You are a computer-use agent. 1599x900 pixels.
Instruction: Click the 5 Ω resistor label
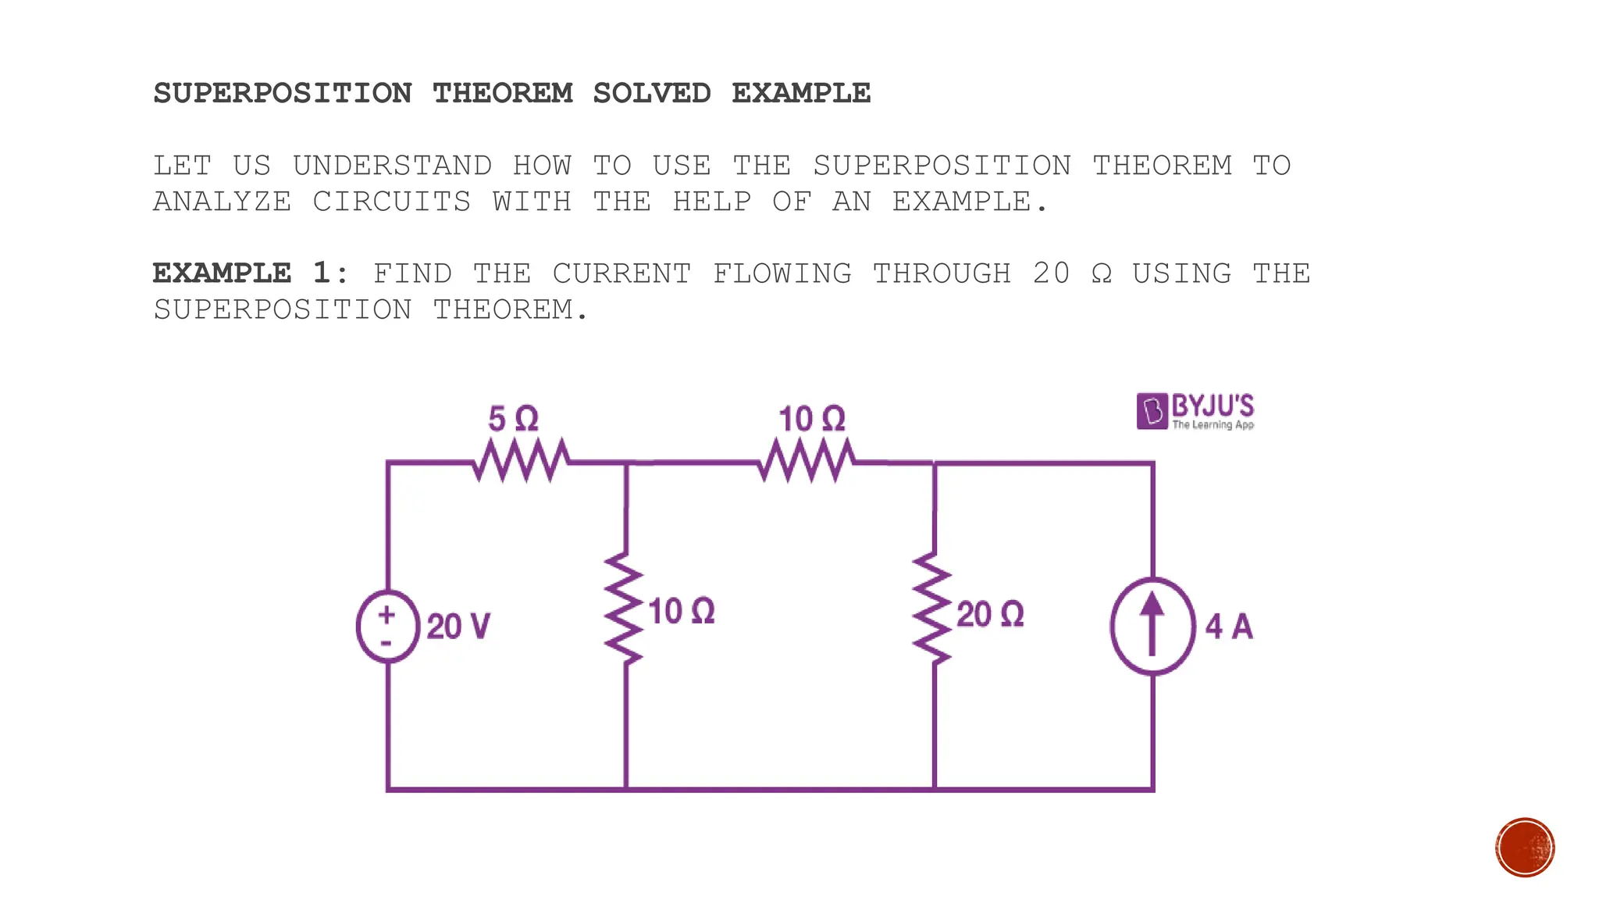click(x=513, y=420)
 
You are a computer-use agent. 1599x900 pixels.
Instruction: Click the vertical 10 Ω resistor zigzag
click(x=625, y=609)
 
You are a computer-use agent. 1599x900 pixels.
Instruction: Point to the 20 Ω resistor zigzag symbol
click(x=933, y=609)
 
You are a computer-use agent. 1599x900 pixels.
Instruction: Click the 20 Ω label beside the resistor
click(x=990, y=615)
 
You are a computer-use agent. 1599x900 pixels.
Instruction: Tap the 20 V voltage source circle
click(x=387, y=627)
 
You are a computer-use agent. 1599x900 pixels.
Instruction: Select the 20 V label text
click(x=458, y=627)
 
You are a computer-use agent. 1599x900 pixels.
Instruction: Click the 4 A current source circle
click(x=1152, y=626)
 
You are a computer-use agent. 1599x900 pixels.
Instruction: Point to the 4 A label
click(x=1229, y=627)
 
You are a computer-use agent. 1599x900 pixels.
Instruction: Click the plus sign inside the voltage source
click(x=386, y=615)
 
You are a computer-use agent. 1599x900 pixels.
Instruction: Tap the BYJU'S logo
click(x=1195, y=411)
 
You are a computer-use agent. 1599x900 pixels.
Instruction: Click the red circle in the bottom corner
click(x=1525, y=848)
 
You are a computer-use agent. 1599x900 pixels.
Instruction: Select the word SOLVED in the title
click(x=652, y=94)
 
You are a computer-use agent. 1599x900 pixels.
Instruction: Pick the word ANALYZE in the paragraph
click(x=223, y=202)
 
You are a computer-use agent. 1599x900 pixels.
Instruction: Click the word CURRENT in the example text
click(x=621, y=273)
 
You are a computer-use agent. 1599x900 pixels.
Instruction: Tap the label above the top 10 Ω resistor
click(x=812, y=420)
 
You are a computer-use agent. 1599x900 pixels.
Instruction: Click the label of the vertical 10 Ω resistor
click(x=682, y=612)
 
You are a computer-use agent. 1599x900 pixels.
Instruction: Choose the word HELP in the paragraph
click(x=712, y=202)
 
